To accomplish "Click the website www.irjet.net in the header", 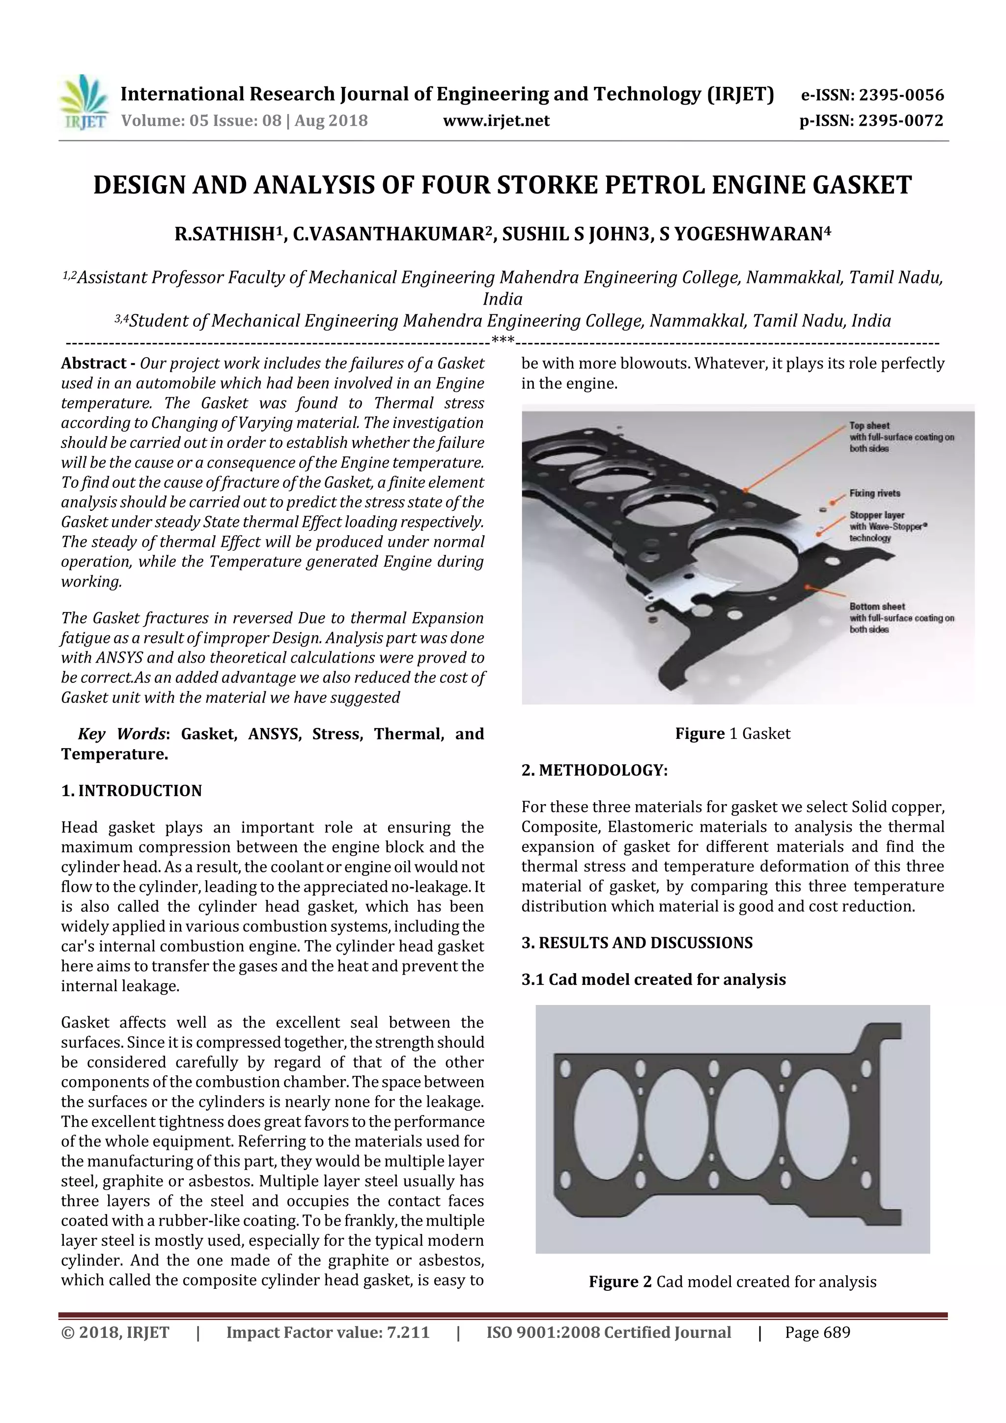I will coord(496,121).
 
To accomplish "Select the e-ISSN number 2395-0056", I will coord(902,95).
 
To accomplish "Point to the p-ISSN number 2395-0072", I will coord(900,121).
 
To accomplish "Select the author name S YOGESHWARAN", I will coord(741,234).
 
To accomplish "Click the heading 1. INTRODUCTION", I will coord(132,791).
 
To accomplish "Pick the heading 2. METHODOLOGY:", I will coord(594,770).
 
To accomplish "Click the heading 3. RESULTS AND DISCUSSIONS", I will coord(637,943).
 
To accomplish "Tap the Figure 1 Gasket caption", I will coord(733,734).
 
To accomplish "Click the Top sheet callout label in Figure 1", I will coord(869,426).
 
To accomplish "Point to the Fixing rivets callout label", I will coord(874,493).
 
